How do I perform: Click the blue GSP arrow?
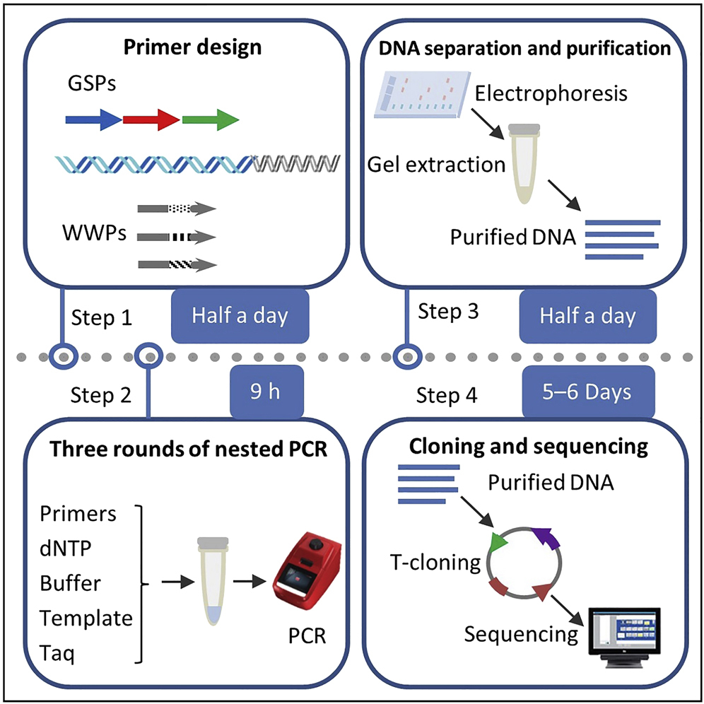click(x=93, y=120)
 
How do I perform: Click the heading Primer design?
click(x=193, y=48)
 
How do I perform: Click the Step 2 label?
click(x=101, y=394)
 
